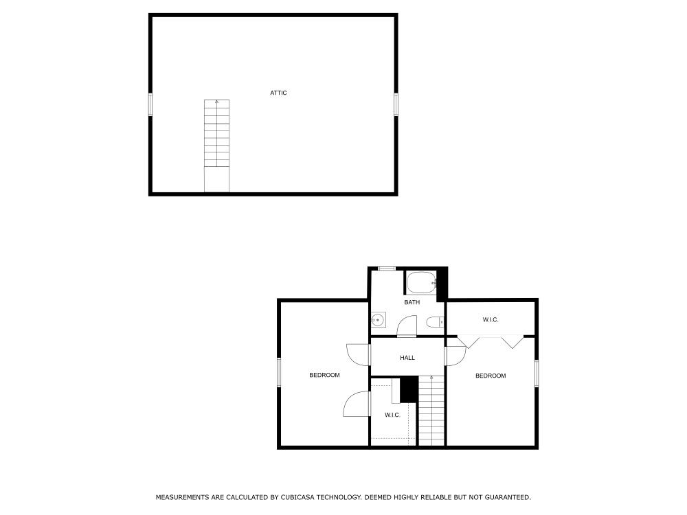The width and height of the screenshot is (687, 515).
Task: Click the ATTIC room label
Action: [278, 93]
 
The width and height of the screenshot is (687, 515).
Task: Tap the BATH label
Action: [412, 302]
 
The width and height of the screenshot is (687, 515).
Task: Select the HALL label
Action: [407, 358]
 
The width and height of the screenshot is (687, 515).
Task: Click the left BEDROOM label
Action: [324, 375]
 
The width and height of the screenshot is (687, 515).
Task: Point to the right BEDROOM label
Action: [491, 376]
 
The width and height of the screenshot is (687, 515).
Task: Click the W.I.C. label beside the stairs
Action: [392, 415]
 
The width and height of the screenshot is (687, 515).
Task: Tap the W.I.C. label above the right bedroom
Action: [491, 320]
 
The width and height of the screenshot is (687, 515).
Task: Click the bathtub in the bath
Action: [422, 283]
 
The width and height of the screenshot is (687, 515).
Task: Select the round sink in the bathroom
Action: [378, 320]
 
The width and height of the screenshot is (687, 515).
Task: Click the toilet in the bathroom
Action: [435, 322]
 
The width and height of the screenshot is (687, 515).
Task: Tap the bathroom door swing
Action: [407, 325]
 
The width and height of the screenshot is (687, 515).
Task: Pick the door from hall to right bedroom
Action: [455, 355]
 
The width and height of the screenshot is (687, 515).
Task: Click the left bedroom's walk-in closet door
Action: [357, 404]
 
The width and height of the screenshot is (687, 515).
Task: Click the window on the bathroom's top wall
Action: [387, 268]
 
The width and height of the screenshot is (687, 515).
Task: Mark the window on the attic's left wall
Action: [150, 104]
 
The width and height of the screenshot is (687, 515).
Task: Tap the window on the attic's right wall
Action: [396, 104]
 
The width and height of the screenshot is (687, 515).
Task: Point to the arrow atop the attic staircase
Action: [217, 102]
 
